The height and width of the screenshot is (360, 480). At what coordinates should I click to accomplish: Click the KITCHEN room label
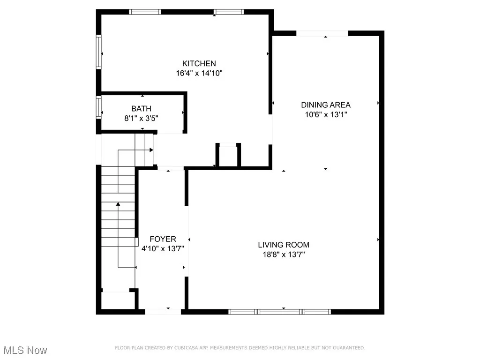pyautogui.click(x=199, y=63)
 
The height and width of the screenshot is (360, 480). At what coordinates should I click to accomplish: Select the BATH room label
pyautogui.click(x=141, y=109)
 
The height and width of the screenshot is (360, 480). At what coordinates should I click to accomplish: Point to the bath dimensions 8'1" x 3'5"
pyautogui.click(x=141, y=119)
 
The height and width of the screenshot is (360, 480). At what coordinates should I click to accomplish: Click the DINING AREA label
pyautogui.click(x=325, y=105)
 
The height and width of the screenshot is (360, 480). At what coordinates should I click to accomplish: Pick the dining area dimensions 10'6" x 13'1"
pyautogui.click(x=325, y=114)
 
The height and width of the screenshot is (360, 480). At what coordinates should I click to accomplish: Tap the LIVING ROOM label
pyautogui.click(x=284, y=245)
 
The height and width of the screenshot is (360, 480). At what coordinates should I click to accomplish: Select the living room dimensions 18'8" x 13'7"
pyautogui.click(x=284, y=255)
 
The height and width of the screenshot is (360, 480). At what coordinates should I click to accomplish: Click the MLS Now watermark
pyautogui.click(x=24, y=350)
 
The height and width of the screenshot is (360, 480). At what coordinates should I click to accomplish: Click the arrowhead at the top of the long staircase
pyautogui.click(x=118, y=204)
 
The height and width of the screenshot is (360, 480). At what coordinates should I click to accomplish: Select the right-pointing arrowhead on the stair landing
pyautogui.click(x=151, y=150)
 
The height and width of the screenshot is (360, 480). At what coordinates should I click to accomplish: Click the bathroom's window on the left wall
pyautogui.click(x=98, y=106)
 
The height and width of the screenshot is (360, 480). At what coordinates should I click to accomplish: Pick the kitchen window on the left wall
pyautogui.click(x=99, y=52)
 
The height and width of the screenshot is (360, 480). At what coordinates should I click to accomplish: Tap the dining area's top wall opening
pyautogui.click(x=322, y=33)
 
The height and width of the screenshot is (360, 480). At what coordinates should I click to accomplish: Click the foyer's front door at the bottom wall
pyautogui.click(x=163, y=311)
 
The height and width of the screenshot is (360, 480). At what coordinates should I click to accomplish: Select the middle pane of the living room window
pyautogui.click(x=280, y=311)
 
